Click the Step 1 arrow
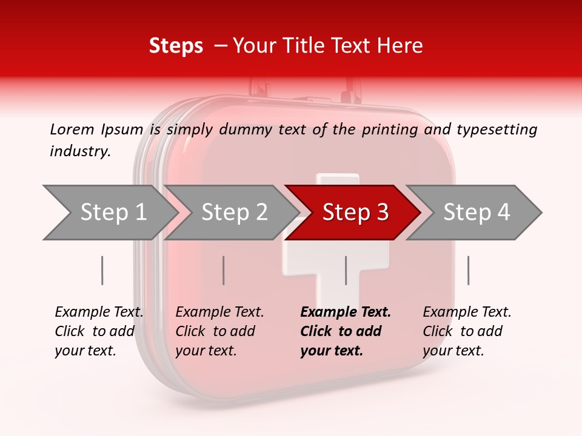112,213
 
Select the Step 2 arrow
233,213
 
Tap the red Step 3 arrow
355,213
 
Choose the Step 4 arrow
476,213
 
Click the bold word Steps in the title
176,45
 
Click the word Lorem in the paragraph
72,129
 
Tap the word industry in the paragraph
80,151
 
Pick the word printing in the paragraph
390,129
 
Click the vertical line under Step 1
102,270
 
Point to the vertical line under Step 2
224,270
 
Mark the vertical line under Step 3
346,270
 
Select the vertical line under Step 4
468,270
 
